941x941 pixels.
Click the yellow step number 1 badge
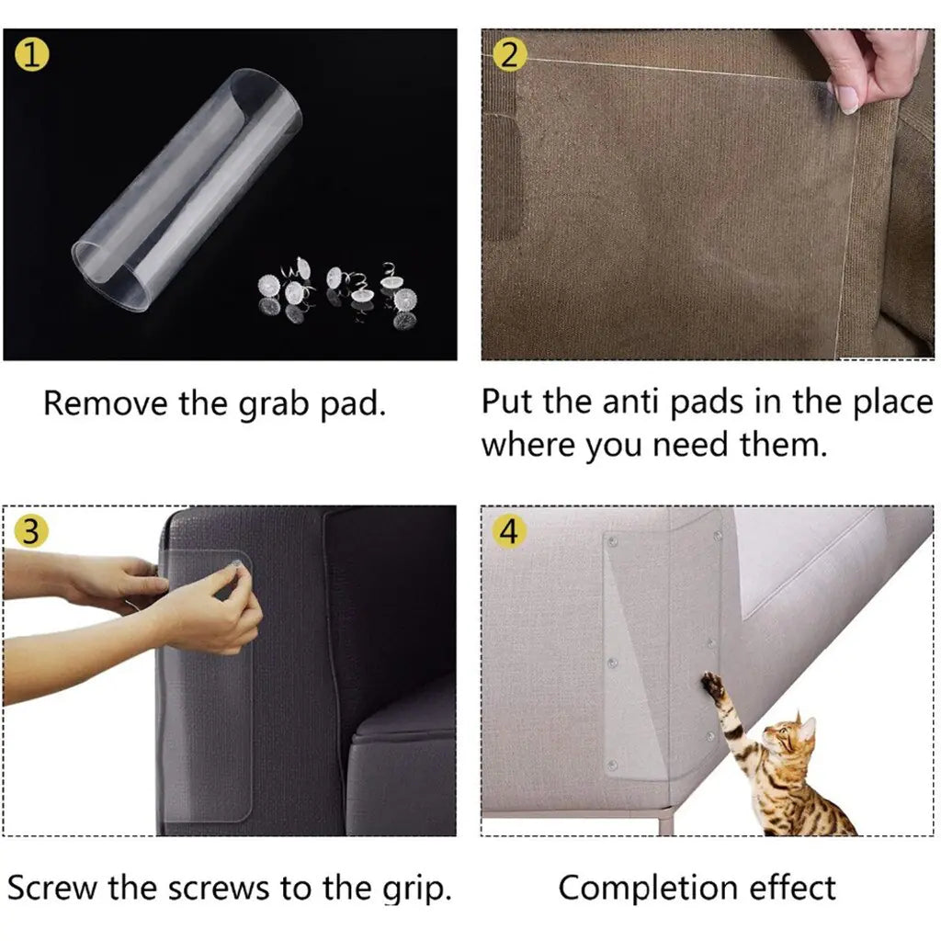point(33,55)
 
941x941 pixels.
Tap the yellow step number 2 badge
point(508,55)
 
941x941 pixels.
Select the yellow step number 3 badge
point(30,532)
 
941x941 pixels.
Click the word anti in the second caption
point(632,402)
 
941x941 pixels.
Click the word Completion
point(648,888)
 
